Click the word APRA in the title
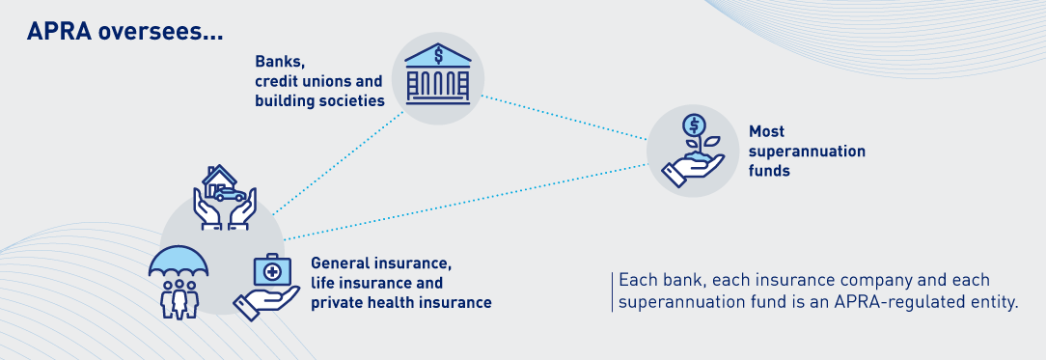tap(57, 32)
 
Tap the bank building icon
tap(438, 74)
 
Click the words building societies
tap(319, 101)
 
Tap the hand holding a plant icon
tap(693, 152)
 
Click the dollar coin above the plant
tap(695, 125)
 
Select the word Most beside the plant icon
tap(766, 131)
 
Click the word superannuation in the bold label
tap(807, 152)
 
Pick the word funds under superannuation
tap(769, 172)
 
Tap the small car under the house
tap(229, 194)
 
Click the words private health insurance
tap(400, 303)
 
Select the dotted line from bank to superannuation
tap(564, 118)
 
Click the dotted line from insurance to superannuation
tap(466, 202)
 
